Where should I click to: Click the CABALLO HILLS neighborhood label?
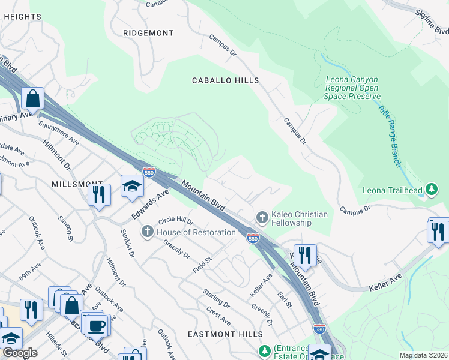click(x=225, y=80)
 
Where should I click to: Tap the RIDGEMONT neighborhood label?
click(x=148, y=33)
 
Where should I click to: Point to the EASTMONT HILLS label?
click(x=225, y=334)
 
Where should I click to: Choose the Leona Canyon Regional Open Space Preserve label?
click(x=352, y=88)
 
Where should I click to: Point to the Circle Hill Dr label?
click(x=176, y=221)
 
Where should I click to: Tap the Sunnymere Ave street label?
click(x=59, y=133)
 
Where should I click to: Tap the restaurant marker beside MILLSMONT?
click(x=98, y=194)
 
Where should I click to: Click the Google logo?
click(x=20, y=353)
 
